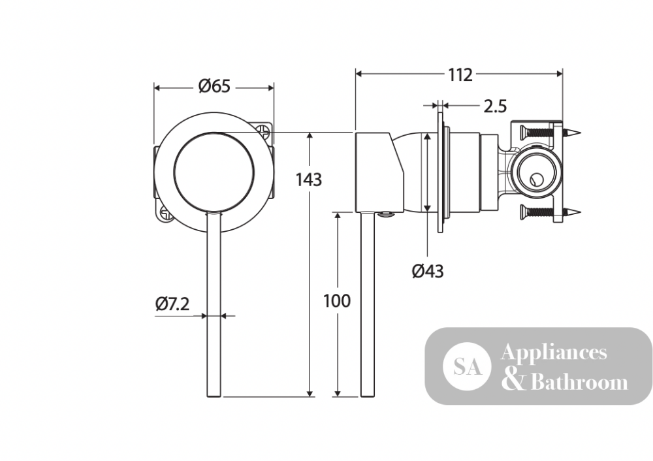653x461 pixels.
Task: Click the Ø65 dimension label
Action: coord(214,87)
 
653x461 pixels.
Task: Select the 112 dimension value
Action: coord(460,75)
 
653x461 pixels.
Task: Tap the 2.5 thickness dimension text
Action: coord(495,106)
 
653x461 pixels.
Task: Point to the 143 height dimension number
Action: coord(309,180)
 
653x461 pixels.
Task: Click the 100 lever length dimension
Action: coord(337,300)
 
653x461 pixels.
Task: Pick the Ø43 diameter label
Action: coord(428,272)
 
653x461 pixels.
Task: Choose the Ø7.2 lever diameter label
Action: coord(172,304)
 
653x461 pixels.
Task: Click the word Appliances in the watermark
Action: coord(554,353)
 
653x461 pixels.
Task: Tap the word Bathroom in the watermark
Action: coord(579,381)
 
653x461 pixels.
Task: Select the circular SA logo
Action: coord(467,366)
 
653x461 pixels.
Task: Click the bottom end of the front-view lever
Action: coord(214,396)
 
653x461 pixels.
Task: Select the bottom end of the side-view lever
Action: coord(368,396)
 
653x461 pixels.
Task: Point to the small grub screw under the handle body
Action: coord(385,215)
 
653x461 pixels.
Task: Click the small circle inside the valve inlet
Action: coord(534,180)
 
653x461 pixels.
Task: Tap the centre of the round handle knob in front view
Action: coord(214,172)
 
